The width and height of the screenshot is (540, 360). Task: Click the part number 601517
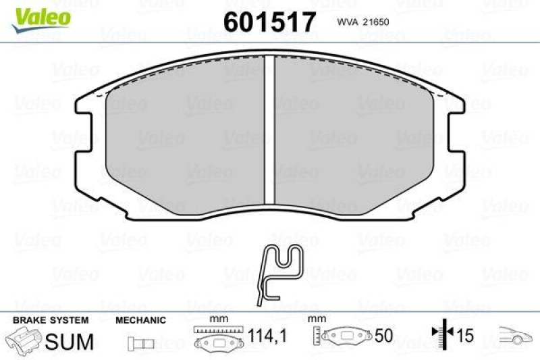[269, 22]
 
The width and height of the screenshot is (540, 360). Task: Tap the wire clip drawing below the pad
[280, 271]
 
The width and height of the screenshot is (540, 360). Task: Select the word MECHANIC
[140, 321]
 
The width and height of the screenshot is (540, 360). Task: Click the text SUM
[69, 342]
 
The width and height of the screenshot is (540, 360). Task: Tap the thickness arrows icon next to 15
[441, 336]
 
